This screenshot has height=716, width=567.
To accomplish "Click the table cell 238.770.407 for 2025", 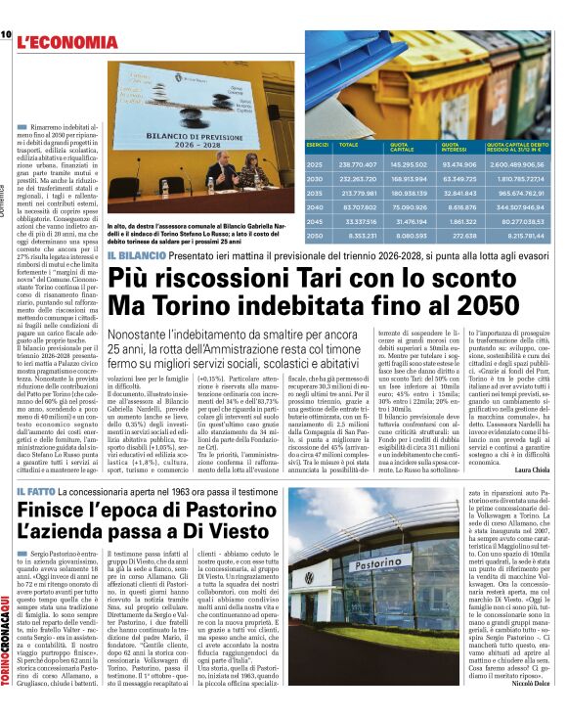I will [347, 165].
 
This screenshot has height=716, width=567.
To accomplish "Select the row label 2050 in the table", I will [315, 235].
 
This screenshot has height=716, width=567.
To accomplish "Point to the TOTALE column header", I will [348, 144].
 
